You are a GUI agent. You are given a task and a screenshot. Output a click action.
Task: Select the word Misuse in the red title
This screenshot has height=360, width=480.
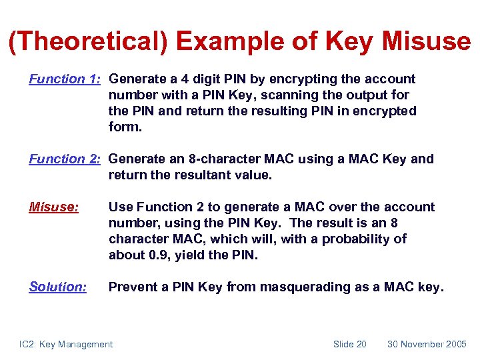click(426, 41)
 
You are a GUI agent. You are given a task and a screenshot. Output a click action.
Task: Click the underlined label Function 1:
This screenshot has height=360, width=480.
click(65, 79)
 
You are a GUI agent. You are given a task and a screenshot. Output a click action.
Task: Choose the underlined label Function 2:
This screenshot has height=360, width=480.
click(65, 159)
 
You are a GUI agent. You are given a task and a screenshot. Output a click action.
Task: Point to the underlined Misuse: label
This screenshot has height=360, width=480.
click(54, 207)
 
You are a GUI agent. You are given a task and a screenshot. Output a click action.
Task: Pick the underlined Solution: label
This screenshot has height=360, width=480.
click(58, 287)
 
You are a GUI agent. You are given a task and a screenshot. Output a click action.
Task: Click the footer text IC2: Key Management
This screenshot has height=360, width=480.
click(66, 344)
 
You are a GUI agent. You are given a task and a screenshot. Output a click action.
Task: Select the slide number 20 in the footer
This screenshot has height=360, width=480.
click(360, 344)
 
